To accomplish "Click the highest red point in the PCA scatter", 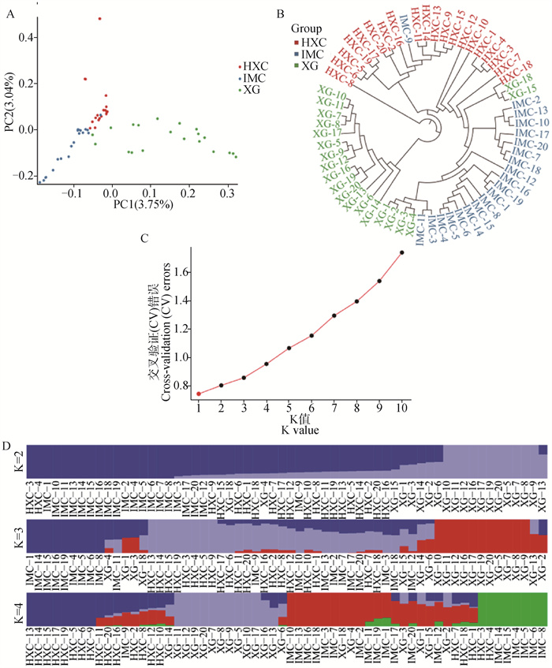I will coord(99,18).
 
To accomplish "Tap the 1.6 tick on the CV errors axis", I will coord(185,272).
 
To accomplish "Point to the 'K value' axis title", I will coord(289,431).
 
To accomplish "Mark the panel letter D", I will coord(7,446).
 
